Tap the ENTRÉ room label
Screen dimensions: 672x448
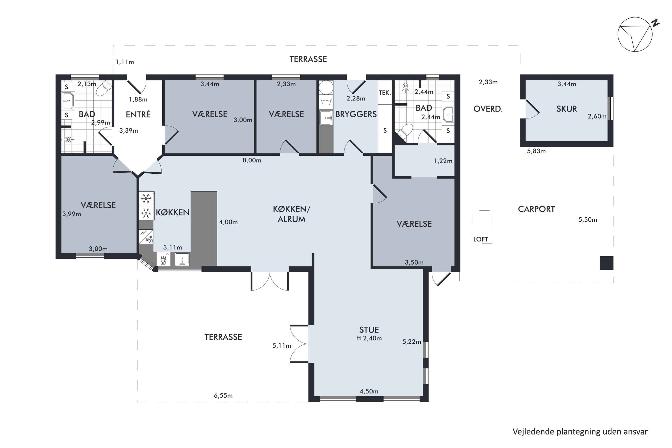[x=138, y=114]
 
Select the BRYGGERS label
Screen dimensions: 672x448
[x=356, y=114]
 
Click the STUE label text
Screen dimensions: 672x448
[x=369, y=330]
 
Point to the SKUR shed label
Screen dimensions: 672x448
[x=566, y=109]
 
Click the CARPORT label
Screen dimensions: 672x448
[x=536, y=209]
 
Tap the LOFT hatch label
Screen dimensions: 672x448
[x=480, y=239]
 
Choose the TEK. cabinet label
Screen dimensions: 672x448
[x=385, y=93]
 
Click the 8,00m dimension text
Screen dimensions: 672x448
[x=252, y=160]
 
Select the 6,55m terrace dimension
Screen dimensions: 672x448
[x=223, y=396]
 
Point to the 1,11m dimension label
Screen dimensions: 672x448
[x=125, y=62]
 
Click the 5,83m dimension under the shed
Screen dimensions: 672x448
[x=536, y=151]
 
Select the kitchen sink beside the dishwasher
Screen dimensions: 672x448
[x=182, y=259]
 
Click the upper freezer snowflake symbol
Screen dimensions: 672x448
[x=146, y=198]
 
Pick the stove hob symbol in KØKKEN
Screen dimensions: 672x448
[x=146, y=237]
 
